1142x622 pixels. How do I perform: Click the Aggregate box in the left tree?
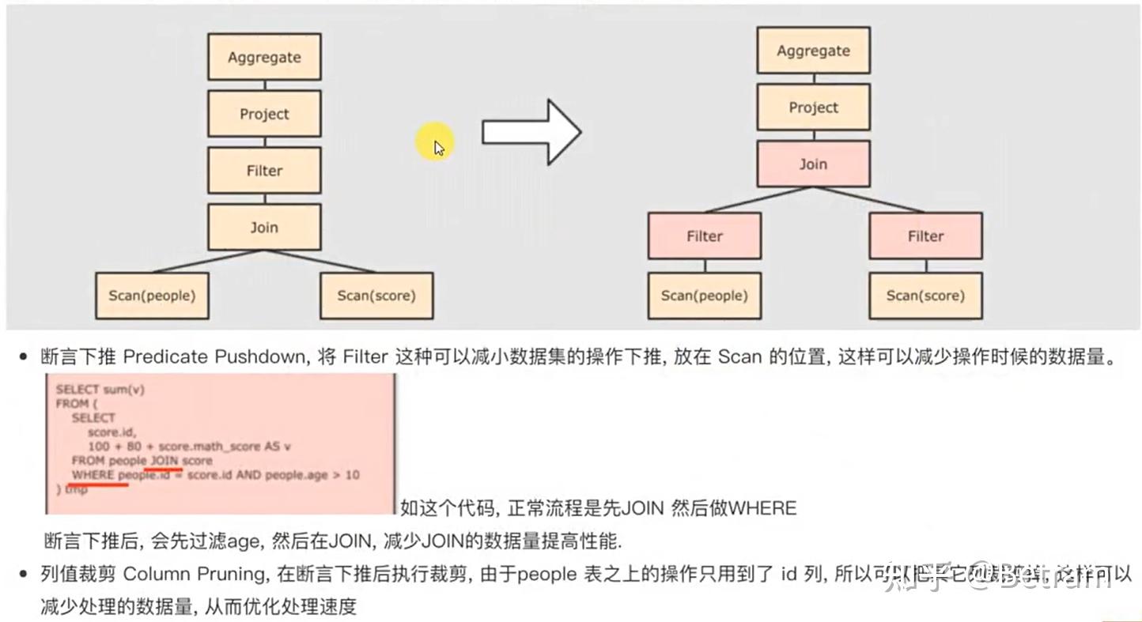click(264, 57)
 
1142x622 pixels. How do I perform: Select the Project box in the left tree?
click(264, 114)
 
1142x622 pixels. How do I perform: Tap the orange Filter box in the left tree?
click(264, 171)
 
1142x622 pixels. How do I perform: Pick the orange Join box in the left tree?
click(264, 228)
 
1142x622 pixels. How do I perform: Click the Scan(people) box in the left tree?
click(152, 296)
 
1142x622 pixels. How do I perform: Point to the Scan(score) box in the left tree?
click(376, 296)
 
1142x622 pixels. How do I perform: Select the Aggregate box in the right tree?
click(813, 51)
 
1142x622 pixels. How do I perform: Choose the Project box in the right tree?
click(813, 107)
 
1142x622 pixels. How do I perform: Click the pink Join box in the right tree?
click(813, 164)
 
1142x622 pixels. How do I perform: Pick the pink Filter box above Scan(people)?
click(704, 236)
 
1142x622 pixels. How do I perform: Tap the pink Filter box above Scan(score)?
click(925, 236)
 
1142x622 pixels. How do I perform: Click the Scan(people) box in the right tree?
click(704, 296)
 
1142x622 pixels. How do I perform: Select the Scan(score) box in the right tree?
click(925, 296)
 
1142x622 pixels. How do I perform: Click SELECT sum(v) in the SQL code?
click(100, 389)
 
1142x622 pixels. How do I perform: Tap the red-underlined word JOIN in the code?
click(164, 460)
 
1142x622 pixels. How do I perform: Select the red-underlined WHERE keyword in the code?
click(93, 474)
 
